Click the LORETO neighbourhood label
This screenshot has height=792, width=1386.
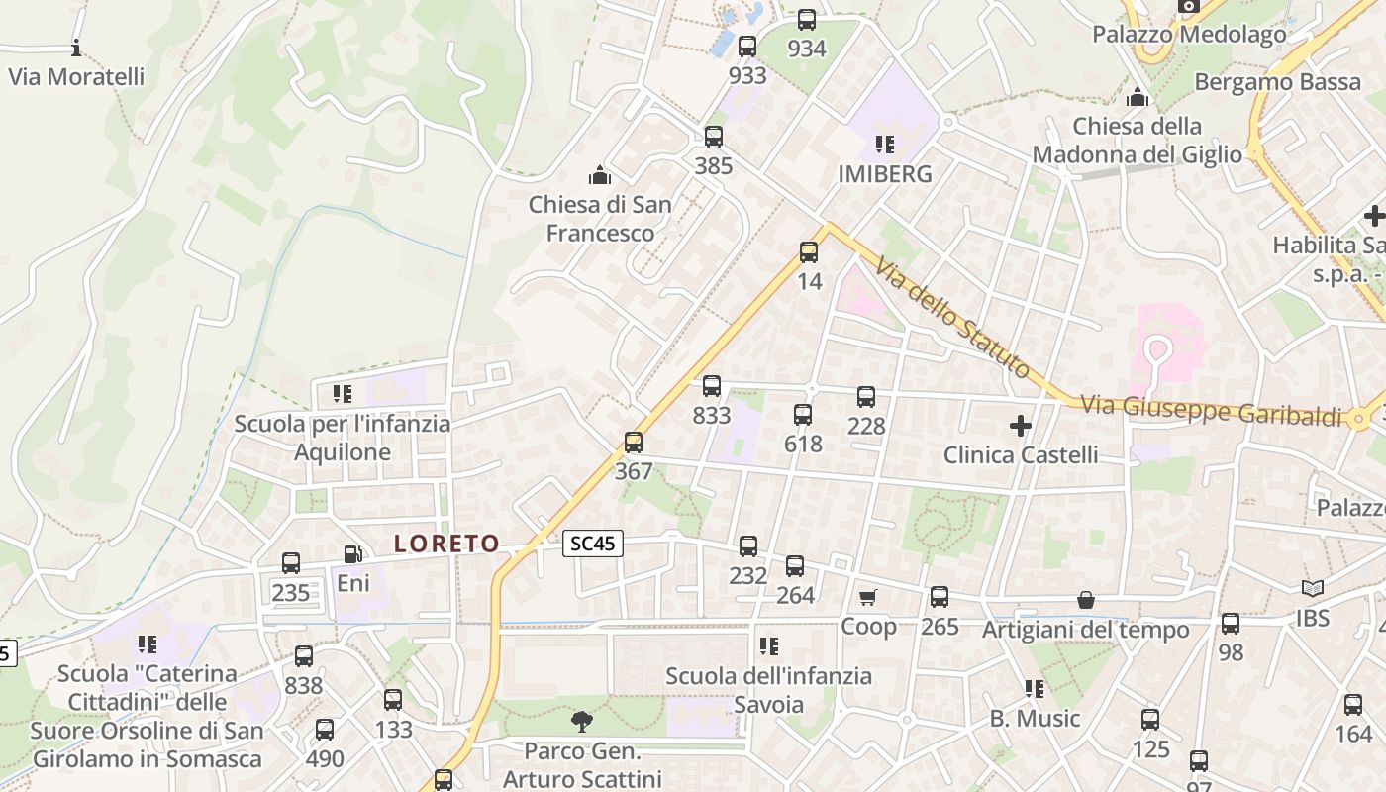pos(446,544)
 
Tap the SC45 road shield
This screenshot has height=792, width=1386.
pos(593,543)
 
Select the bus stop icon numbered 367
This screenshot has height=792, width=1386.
pos(634,443)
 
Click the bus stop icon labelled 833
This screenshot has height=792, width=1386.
pos(712,386)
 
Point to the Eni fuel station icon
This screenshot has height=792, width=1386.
pos(352,555)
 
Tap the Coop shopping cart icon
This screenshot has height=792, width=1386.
pos(868,597)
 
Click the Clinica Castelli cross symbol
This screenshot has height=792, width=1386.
pos(1020,427)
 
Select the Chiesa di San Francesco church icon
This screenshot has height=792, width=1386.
pos(599,176)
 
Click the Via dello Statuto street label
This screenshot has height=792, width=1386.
pos(951,316)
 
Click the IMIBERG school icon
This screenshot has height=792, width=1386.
pos(885,146)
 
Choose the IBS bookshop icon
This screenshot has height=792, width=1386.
pos(1313,589)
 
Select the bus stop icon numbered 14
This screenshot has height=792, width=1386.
pos(809,252)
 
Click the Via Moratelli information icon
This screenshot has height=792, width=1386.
pos(76,48)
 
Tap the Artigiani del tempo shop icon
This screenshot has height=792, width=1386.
pos(1086,600)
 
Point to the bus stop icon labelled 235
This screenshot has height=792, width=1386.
pos(291,563)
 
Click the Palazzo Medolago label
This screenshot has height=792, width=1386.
pos(1189,35)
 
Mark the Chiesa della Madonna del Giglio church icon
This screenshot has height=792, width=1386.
pos(1138,98)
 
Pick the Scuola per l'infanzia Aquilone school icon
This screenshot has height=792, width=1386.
pos(343,394)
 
